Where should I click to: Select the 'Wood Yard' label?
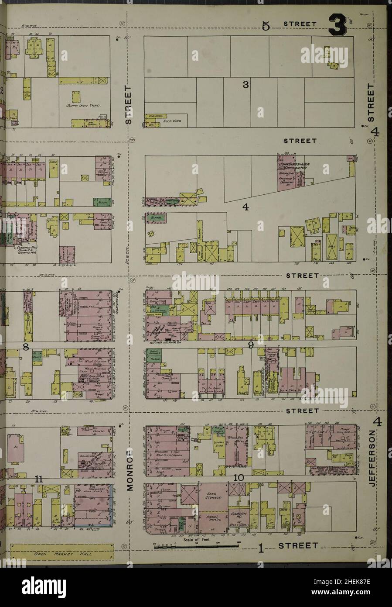coord(169,121)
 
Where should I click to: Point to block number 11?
coord(39,479)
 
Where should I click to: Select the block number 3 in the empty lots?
coord(245,85)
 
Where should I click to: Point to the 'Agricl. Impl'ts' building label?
coord(212,517)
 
